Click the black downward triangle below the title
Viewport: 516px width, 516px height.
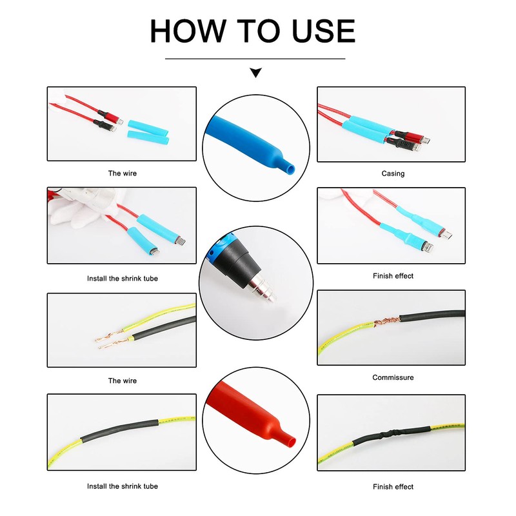click(255, 73)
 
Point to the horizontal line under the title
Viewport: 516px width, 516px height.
click(255, 59)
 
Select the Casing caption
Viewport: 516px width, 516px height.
click(393, 174)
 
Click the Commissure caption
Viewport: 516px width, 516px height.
click(393, 377)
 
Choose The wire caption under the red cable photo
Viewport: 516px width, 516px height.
click(122, 174)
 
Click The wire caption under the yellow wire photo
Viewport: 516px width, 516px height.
click(122, 381)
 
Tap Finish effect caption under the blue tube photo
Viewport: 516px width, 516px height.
click(393, 275)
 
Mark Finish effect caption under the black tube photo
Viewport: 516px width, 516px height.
click(393, 486)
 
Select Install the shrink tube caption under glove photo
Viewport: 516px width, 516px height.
click(122, 279)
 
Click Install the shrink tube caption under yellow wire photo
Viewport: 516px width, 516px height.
click(122, 486)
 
